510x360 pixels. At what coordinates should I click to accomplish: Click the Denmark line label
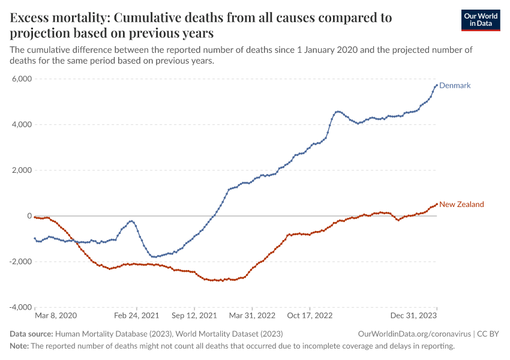point(455,86)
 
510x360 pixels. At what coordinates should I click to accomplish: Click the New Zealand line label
point(461,205)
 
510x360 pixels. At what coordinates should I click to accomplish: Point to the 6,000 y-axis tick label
point(22,79)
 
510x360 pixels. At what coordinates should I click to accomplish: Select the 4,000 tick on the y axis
point(22,125)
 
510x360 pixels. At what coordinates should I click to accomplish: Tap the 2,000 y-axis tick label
point(22,170)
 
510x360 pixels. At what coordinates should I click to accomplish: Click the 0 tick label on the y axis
point(29,216)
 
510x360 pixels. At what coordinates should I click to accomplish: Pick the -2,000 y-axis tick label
point(20,262)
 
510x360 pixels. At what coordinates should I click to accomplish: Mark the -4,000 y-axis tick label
point(20,307)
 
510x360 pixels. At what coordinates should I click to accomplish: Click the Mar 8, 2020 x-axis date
point(56,315)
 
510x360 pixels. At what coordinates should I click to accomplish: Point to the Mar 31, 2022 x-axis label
point(253,315)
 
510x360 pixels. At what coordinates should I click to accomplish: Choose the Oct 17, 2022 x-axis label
point(310,315)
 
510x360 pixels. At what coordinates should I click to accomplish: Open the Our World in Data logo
point(481,20)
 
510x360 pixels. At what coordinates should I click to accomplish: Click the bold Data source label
point(31,334)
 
